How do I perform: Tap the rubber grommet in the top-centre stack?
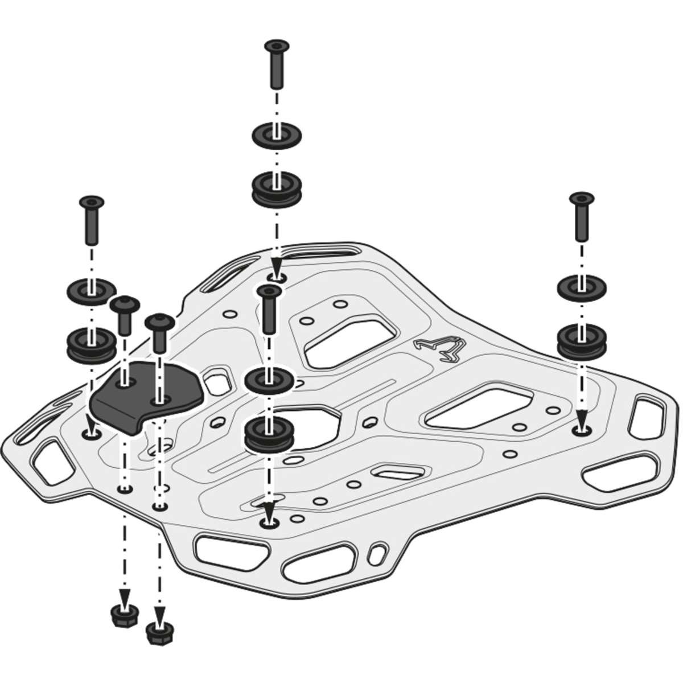(x=277, y=190)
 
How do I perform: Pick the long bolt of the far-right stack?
(x=582, y=217)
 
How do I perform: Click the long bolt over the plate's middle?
(x=269, y=308)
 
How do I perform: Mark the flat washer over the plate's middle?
(x=269, y=380)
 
